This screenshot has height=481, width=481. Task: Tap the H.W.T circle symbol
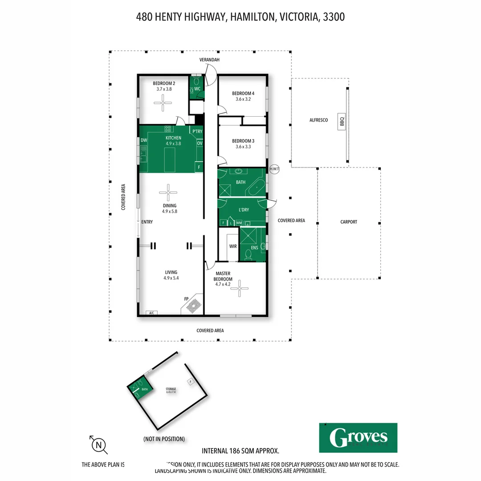click(274, 169)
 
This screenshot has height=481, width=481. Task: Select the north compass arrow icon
click(98, 444)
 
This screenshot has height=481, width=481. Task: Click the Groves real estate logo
click(358, 437)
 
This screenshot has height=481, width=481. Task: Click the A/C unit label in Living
click(151, 313)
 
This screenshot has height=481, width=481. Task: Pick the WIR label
click(232, 246)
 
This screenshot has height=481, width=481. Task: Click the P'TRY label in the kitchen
click(197, 131)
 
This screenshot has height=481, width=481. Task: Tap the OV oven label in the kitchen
click(200, 143)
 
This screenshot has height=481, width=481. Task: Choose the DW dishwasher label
click(144, 140)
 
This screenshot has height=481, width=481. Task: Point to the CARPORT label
click(348, 222)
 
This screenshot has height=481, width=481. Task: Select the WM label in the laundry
click(239, 223)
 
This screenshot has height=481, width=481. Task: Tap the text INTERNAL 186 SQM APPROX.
click(240, 451)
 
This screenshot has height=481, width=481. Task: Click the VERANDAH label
click(209, 60)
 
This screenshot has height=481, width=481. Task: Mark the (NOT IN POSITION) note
click(164, 439)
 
